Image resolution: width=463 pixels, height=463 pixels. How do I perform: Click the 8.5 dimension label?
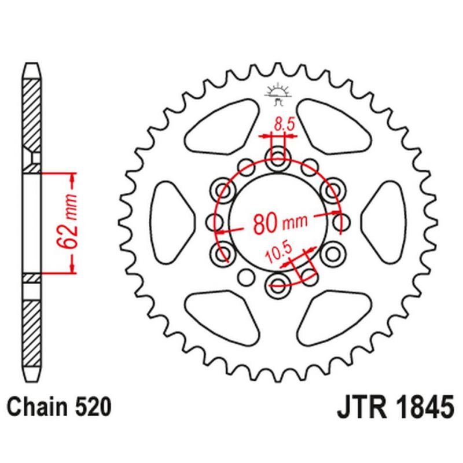tap(284, 124)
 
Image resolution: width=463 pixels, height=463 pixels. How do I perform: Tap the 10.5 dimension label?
tap(278, 253)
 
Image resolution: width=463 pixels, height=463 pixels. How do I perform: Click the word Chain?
tap(37, 407)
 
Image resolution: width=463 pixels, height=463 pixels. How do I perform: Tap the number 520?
tap(94, 407)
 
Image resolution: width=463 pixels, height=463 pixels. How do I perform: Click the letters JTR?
tap(362, 407)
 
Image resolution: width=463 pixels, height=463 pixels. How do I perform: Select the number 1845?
tap(425, 407)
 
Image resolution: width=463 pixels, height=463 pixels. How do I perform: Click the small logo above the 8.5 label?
tap(278, 94)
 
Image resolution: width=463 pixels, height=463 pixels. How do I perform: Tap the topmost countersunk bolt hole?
tap(278, 157)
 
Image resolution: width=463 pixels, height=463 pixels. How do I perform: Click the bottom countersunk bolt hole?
tap(278, 286)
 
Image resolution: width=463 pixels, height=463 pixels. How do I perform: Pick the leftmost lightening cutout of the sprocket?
tap(172, 222)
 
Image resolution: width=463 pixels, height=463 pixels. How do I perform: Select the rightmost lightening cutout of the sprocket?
tap(384, 222)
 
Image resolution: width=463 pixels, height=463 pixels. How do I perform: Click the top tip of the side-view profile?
tap(32, 63)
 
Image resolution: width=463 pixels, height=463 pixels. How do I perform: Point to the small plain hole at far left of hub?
tap(214, 222)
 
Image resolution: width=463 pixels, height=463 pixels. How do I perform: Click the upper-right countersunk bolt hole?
tap(333, 190)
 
